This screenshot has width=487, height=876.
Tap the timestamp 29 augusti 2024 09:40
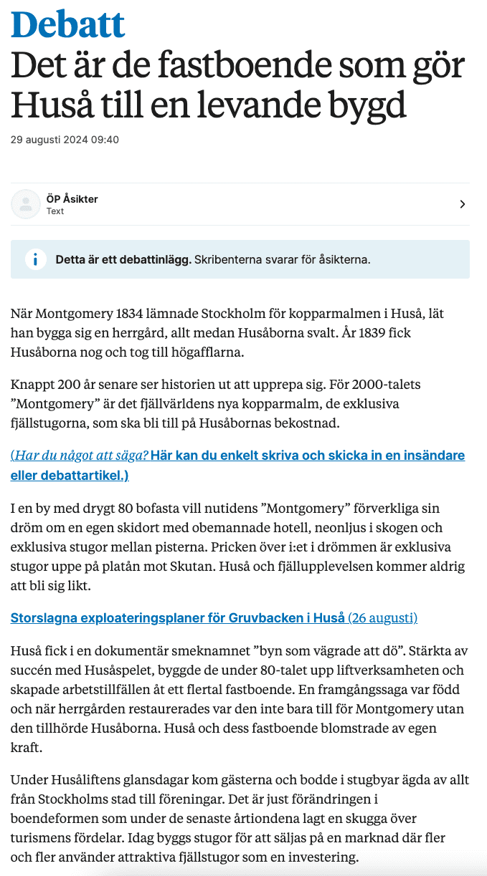point(65,140)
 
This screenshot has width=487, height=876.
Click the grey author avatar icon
point(26,204)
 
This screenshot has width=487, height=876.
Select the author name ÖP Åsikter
point(72,198)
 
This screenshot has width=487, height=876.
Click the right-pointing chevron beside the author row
point(463,204)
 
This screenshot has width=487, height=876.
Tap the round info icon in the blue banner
point(35,259)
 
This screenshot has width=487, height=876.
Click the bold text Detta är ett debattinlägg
point(123,259)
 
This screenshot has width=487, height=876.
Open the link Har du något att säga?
point(80,456)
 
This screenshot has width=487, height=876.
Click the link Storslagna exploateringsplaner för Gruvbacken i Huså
point(177,617)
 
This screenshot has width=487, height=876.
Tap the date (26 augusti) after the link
point(382,617)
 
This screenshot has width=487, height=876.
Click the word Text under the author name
point(55,211)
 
